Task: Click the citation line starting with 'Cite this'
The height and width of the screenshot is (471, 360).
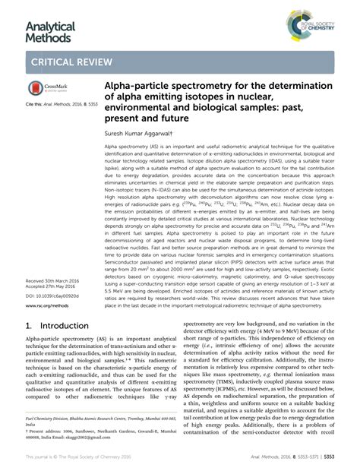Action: (x=53, y=103)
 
